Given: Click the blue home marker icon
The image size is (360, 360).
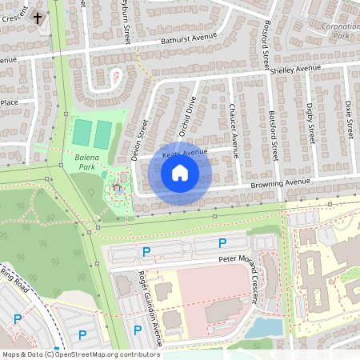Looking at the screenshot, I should click(180, 173).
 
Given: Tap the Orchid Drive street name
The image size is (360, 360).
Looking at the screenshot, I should click(186, 117).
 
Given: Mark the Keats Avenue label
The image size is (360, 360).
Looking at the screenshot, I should click(185, 152).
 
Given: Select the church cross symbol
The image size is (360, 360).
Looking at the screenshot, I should click(38, 17).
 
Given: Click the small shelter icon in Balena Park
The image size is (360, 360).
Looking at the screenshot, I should click(118, 189).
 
